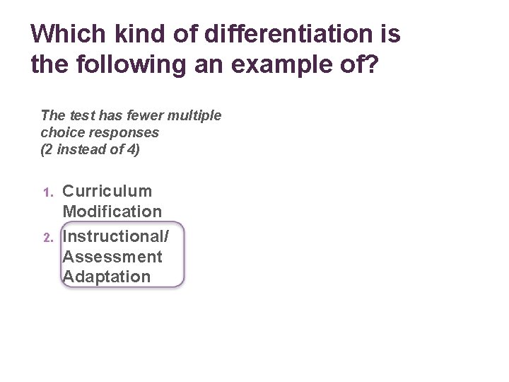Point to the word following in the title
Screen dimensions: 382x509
120,65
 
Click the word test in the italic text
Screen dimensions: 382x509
78,115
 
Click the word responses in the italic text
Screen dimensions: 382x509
119,132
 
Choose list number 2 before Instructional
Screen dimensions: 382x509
47,238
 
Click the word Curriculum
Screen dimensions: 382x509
107,191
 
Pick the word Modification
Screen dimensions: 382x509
112,212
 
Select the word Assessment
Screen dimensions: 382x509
112,256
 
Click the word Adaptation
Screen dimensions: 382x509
107,277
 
